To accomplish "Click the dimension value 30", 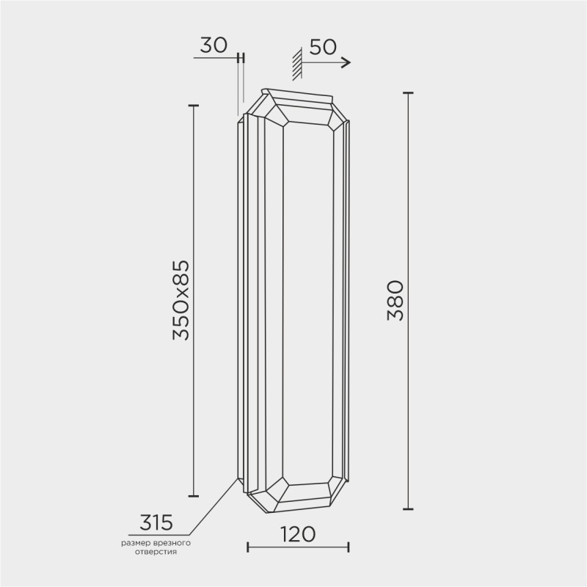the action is (214, 45).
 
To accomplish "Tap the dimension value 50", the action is (323, 47).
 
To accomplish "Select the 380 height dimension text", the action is (395, 301).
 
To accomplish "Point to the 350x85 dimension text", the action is (181, 300).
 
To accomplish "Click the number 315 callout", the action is (156, 522).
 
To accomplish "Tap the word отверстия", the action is (156, 553).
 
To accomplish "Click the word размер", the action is (136, 543).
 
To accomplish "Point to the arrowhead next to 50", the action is (346, 62).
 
